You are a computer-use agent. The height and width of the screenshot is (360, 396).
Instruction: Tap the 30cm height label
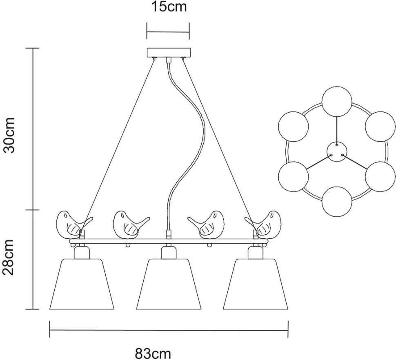coord(9,135)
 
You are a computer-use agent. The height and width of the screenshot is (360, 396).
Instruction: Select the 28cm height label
coord(9,257)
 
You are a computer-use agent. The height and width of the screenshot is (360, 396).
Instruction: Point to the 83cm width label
coord(153,353)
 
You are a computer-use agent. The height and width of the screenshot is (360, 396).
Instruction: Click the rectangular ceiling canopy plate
coord(168,53)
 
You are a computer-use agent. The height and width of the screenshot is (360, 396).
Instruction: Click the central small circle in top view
coord(337,151)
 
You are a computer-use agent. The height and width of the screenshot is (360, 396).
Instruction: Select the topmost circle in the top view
coord(337,102)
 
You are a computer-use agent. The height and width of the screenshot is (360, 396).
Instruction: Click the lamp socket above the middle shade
coord(168,252)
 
